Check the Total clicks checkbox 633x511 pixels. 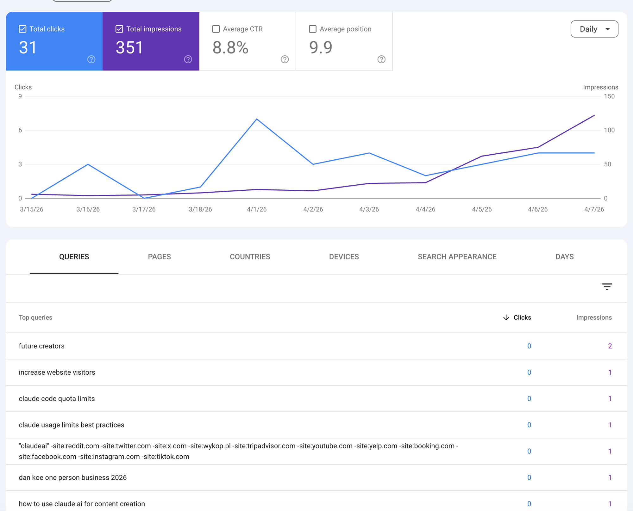[x=22, y=29]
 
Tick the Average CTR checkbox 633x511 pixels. [x=216, y=29]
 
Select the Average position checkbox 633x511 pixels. [x=313, y=29]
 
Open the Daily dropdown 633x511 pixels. [x=594, y=29]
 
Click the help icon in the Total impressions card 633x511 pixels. [x=188, y=59]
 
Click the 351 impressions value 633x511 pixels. [x=129, y=48]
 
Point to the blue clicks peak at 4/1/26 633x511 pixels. [x=257, y=119]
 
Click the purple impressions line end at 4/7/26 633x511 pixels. [x=594, y=115]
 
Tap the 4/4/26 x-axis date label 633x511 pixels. [x=425, y=209]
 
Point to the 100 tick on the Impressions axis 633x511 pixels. [x=609, y=130]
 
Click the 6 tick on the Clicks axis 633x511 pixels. [x=20, y=130]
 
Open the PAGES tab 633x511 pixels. [x=159, y=257]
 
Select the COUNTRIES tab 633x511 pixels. [x=250, y=257]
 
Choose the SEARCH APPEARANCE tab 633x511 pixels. [x=457, y=257]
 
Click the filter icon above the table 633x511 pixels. [x=607, y=286]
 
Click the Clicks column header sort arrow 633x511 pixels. [x=506, y=317]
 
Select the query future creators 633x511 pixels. [x=41, y=346]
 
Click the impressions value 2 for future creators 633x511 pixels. [x=610, y=346]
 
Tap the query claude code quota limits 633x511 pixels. [x=57, y=399]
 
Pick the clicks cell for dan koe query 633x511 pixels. [x=529, y=477]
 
